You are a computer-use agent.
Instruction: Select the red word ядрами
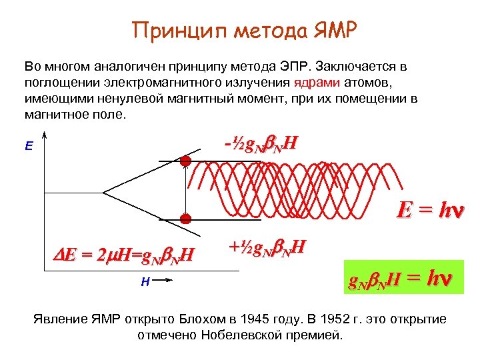317,83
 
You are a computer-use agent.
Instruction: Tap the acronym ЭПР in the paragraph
297,67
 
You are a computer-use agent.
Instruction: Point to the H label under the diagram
145,282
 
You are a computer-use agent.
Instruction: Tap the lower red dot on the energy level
185,218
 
